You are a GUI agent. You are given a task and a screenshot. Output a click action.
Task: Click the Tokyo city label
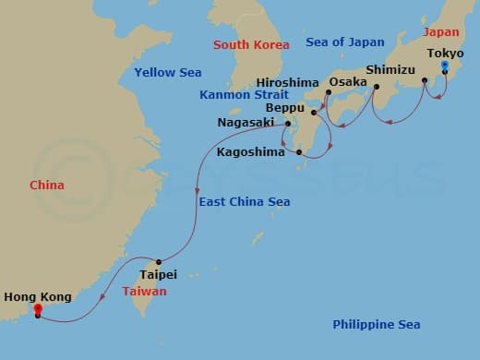click(x=446, y=54)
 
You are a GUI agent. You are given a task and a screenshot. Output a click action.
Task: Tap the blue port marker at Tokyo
click(x=445, y=66)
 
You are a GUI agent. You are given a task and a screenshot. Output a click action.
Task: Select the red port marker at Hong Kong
click(x=37, y=310)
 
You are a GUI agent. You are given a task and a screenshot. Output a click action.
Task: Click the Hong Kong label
click(x=36, y=296)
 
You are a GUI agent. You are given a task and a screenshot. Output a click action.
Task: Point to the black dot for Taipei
click(x=159, y=261)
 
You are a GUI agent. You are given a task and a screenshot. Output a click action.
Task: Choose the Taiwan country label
click(x=144, y=291)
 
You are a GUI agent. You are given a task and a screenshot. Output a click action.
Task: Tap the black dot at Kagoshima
click(x=299, y=152)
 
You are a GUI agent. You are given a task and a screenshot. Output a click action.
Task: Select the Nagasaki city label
click(x=248, y=122)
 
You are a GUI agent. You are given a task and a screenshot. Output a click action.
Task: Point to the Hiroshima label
click(x=288, y=81)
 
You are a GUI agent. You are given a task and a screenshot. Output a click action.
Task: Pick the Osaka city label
click(x=348, y=81)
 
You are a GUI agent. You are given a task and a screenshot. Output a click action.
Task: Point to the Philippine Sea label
click(x=376, y=324)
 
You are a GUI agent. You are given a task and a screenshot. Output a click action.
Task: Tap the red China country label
click(x=46, y=185)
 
